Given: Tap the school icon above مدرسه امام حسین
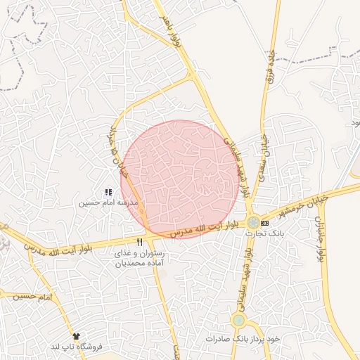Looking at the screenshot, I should pos(108,192).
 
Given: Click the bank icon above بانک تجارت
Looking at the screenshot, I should pos(264,223).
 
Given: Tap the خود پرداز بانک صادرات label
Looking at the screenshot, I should pos(243,338).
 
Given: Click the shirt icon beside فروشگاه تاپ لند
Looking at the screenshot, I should pos(76,336).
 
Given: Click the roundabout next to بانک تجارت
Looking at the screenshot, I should pos(252,222).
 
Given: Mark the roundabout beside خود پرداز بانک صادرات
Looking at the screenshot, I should pos(239,321).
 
